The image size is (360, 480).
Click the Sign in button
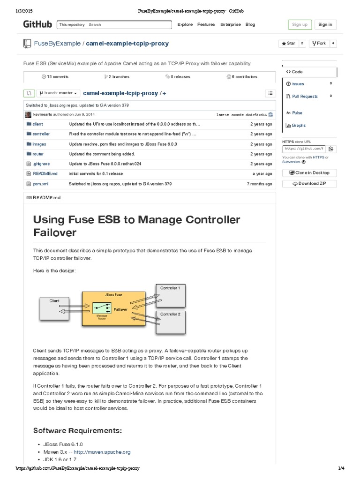[x=325, y=25]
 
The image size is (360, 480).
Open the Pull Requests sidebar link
[x=305, y=97]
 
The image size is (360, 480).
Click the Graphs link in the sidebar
[x=298, y=126]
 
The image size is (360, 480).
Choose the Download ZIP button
[x=309, y=184]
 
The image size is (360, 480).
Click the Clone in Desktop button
[x=309, y=173]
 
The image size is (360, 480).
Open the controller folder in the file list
[x=41, y=134]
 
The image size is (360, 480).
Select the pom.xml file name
[x=40, y=184]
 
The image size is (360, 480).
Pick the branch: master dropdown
[x=59, y=93]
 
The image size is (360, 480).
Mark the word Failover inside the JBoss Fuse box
[x=120, y=309]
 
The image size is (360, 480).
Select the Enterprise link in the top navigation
[x=230, y=25]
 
